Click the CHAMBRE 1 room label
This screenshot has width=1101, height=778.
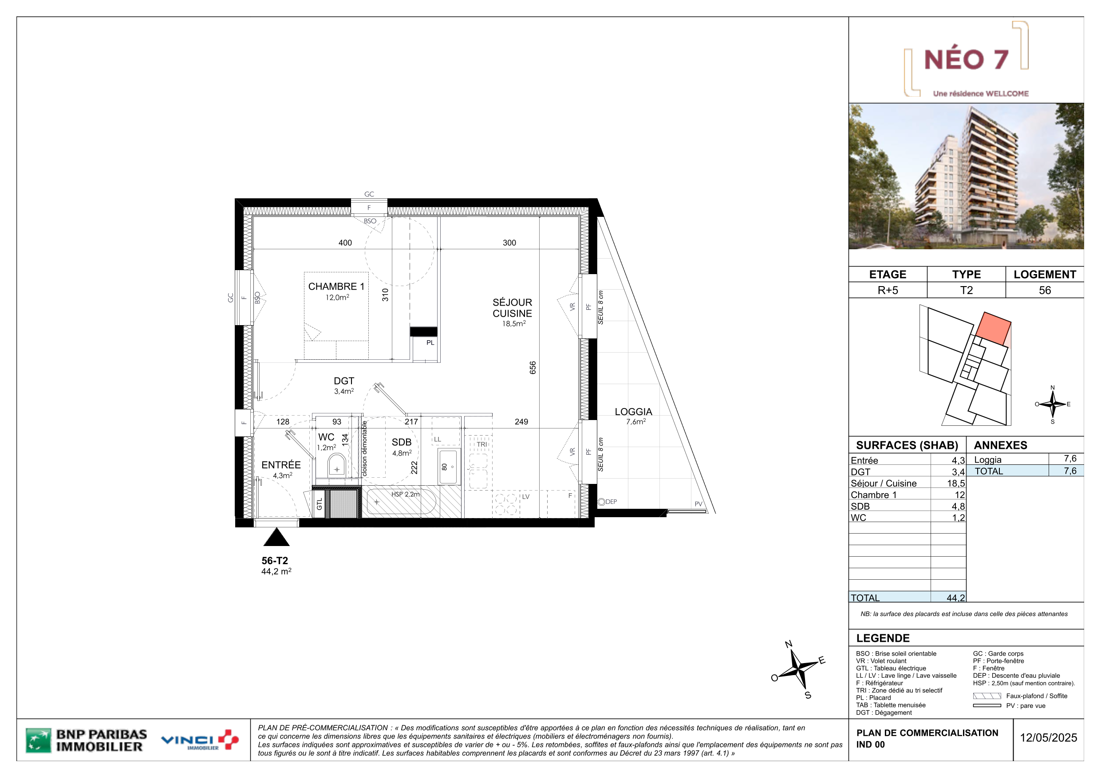[x=336, y=287]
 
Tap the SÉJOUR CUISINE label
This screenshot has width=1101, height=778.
[x=512, y=308]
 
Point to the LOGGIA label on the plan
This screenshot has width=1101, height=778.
[x=633, y=412]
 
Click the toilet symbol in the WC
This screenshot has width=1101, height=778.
[x=337, y=464]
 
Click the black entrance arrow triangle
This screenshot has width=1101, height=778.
[x=276, y=537]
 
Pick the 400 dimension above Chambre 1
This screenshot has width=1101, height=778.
[x=345, y=243]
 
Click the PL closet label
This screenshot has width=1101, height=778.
[x=430, y=343]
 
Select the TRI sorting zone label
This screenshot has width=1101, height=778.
[x=482, y=444]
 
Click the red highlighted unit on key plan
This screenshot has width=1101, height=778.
[x=993, y=328]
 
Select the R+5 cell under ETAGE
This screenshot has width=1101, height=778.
[x=888, y=291]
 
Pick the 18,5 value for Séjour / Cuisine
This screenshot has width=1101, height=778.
[x=956, y=483]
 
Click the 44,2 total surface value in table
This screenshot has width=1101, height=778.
[x=956, y=598]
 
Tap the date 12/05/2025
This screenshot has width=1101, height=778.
[x=1048, y=738]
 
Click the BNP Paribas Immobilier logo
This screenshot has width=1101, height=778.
[x=87, y=741]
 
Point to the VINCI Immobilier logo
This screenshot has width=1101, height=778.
[x=200, y=740]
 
